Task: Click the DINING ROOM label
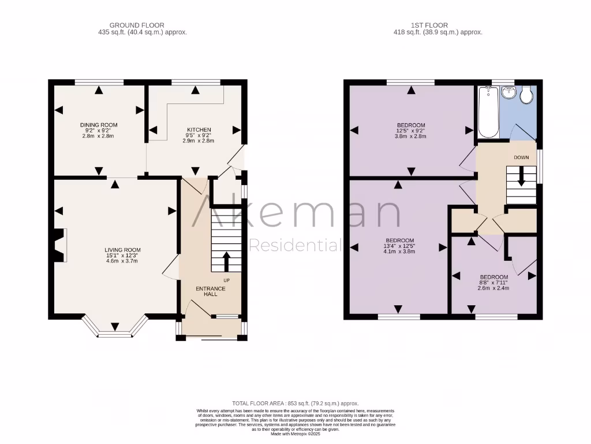click(99, 125)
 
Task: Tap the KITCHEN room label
click(199, 129)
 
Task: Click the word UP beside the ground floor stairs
click(226, 280)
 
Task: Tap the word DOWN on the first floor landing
click(521, 157)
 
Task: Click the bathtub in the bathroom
click(489, 112)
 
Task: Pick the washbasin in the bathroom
click(508, 93)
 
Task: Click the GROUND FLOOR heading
click(137, 25)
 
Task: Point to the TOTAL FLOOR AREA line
click(295, 403)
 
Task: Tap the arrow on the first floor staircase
click(522, 176)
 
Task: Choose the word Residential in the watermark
click(294, 245)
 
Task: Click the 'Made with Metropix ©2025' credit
click(295, 434)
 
